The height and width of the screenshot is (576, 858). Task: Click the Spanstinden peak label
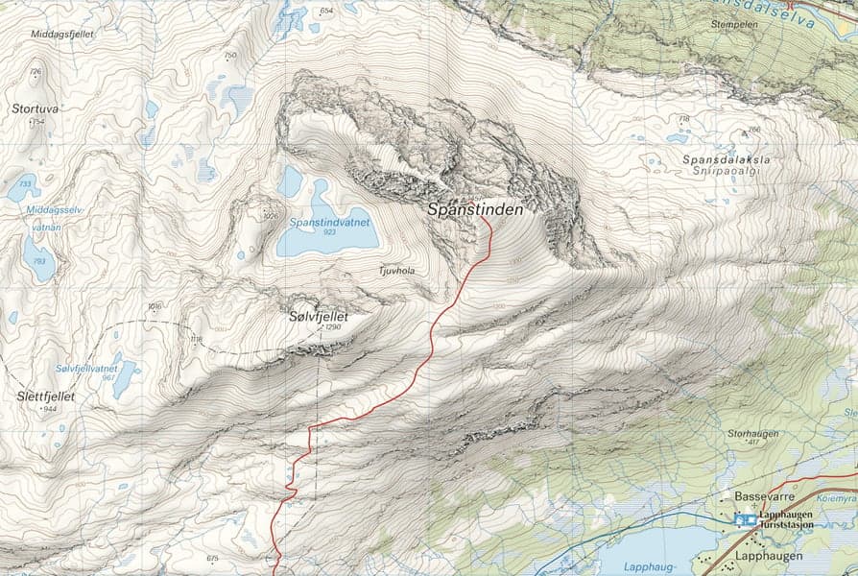click(476, 208)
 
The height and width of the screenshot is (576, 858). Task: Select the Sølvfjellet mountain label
click(318, 315)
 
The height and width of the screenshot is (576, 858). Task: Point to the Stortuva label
click(36, 109)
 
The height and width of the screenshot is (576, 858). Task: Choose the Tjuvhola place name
click(397, 271)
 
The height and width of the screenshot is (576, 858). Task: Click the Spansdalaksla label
click(727, 159)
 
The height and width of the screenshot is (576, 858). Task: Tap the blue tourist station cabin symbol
click(744, 519)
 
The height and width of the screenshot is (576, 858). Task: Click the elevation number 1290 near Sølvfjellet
click(333, 327)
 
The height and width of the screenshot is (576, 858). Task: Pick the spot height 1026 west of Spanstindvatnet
click(271, 216)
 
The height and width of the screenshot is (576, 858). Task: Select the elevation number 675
click(213, 558)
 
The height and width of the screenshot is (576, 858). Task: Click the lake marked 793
click(39, 257)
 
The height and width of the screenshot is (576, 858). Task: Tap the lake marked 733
click(23, 187)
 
